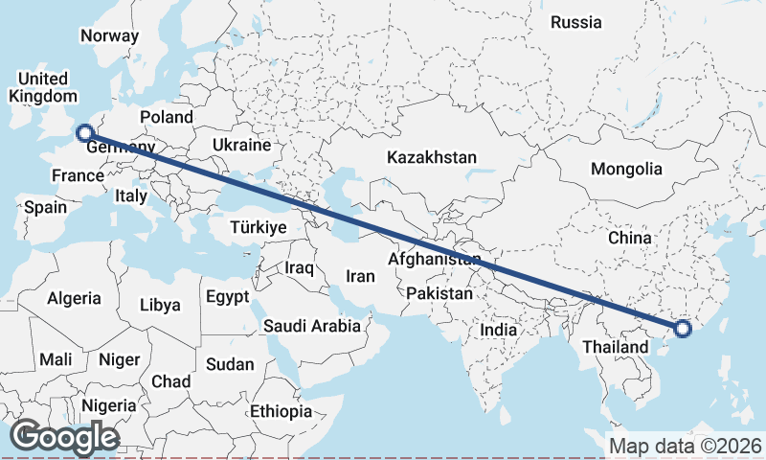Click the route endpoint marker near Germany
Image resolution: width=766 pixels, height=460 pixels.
pos(84,133)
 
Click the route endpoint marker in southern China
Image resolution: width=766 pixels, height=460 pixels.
pos(682,329)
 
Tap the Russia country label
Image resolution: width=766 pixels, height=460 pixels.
pos(577,22)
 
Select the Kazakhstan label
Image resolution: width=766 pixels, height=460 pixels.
pos(432,157)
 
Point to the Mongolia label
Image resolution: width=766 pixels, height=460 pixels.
pos(626,169)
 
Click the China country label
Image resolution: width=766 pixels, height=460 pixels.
pos(629,237)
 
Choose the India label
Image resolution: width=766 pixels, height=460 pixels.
pos(498,329)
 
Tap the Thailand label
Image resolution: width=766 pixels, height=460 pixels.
pos(616,346)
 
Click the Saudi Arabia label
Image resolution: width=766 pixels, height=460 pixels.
pos(313,326)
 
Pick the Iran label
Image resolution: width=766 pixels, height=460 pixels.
pos(360,276)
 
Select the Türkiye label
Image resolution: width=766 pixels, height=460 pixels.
pos(259,227)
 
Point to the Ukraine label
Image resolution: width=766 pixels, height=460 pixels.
pos(241,145)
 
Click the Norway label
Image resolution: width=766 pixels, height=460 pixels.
pos(110,35)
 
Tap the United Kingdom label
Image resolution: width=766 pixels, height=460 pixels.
pos(44,87)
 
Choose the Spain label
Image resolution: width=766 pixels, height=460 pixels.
pos(46,207)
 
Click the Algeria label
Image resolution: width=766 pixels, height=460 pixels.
pos(74,298)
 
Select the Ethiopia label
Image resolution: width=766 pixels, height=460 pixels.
pos(282,411)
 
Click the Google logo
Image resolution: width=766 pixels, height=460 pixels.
pos(64,436)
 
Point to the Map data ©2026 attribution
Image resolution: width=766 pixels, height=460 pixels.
pos(685,446)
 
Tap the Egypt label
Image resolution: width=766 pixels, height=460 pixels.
pos(227,296)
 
